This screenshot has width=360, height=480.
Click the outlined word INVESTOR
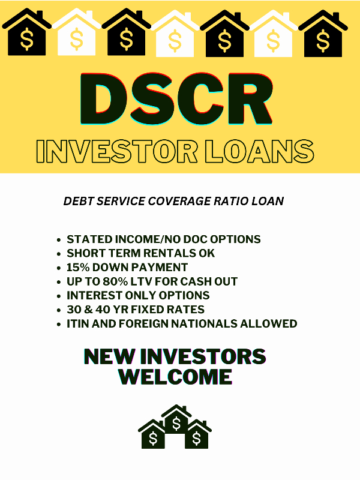pyautogui.click(x=116, y=151)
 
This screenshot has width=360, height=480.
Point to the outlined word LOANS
pyautogui.click(x=260, y=151)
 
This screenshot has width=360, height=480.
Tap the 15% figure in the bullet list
pyautogui.click(x=78, y=267)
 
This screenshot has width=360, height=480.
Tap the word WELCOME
pyautogui.click(x=175, y=376)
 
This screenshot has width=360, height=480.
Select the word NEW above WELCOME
pyautogui.click(x=109, y=356)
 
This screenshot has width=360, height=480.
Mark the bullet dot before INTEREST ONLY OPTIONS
pyautogui.click(x=59, y=296)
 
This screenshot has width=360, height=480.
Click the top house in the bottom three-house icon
pyautogui.click(x=176, y=419)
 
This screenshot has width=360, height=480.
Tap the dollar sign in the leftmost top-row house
pyautogui.click(x=27, y=39)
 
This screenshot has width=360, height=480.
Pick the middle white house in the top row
pyautogui.click(x=175, y=34)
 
